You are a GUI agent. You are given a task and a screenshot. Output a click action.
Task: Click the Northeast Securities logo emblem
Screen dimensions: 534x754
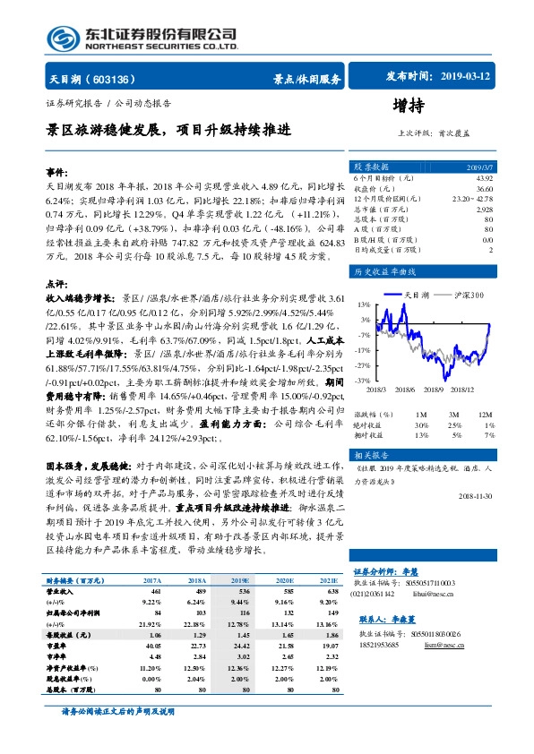[62, 37]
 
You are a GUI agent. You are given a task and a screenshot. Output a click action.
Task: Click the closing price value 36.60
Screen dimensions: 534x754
[484, 188]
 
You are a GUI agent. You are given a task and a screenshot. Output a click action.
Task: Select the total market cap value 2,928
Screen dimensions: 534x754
[484, 208]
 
